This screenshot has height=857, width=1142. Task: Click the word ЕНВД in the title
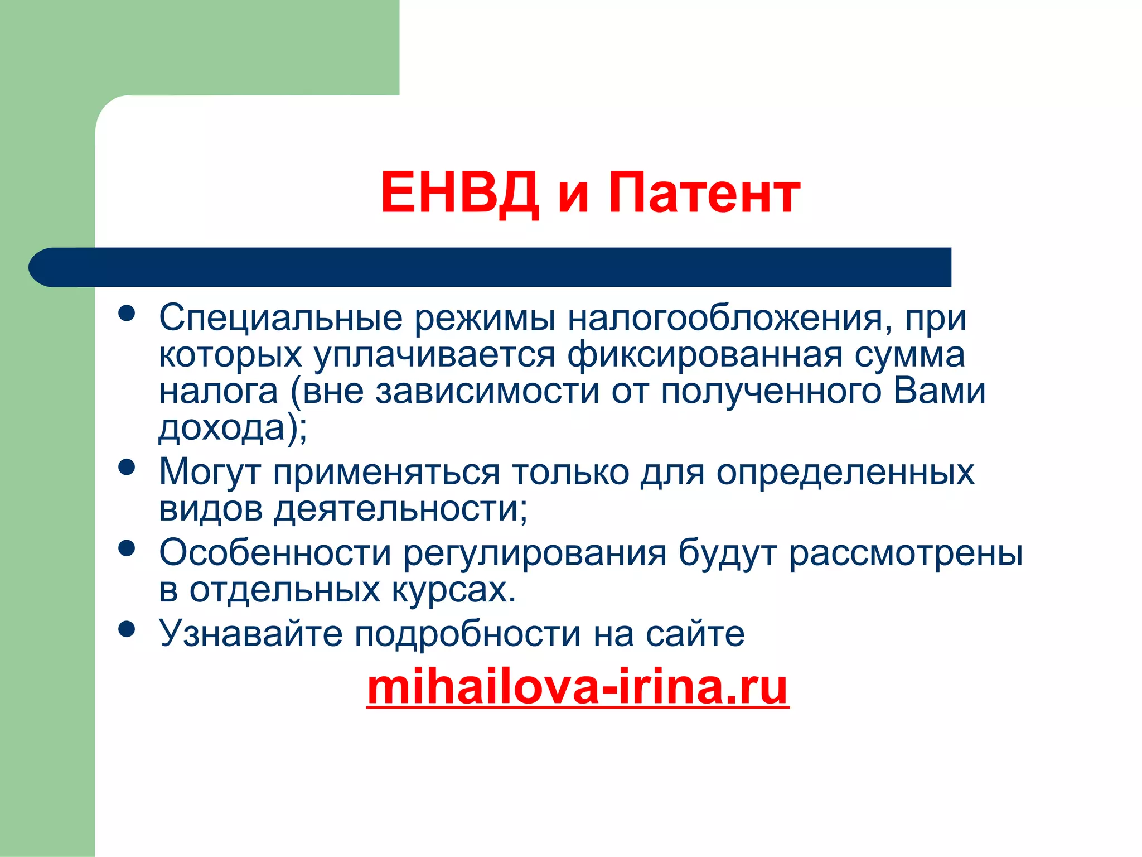click(x=459, y=193)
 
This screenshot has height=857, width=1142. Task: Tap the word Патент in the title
click(x=704, y=193)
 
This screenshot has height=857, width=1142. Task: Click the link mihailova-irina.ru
click(x=578, y=687)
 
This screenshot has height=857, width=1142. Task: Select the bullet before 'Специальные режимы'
click(x=127, y=313)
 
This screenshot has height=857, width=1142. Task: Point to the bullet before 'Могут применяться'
click(x=127, y=467)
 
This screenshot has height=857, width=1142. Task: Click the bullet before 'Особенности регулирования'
click(x=127, y=548)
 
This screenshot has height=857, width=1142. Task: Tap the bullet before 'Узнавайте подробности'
click(x=127, y=629)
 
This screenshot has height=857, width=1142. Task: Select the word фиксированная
click(x=704, y=355)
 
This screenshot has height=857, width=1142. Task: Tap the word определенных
click(x=845, y=473)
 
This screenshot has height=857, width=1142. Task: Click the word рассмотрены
click(x=906, y=554)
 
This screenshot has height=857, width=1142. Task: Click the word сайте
click(x=695, y=634)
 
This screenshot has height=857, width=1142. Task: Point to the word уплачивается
click(x=434, y=355)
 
